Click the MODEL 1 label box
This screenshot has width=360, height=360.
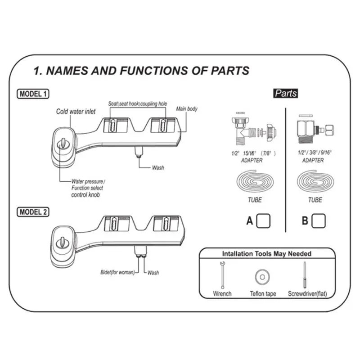33,94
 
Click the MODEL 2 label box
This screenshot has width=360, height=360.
33,211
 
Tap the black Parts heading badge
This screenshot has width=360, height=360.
286,93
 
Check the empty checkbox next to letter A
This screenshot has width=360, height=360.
263,220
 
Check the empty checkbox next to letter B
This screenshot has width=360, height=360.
319,220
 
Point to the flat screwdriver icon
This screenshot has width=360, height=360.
305,275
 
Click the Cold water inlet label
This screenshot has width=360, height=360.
76,112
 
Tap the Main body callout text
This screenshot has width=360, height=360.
186,109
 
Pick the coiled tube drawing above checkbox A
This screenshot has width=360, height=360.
254,183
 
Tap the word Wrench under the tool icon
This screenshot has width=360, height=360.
222,293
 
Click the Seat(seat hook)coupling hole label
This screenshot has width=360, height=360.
138,104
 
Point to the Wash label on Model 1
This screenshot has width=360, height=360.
157,168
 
